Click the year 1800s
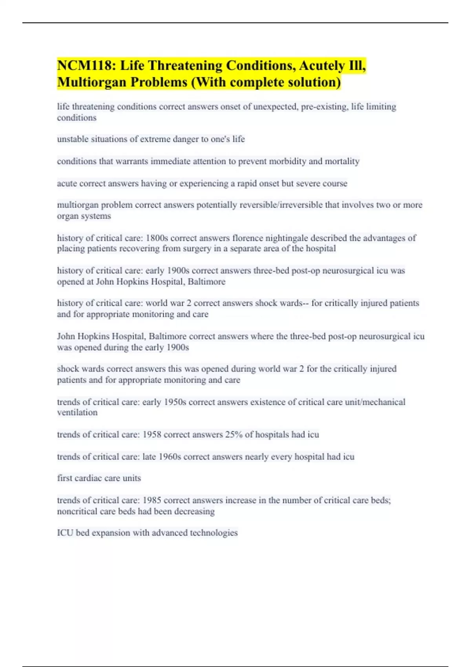[x=157, y=238]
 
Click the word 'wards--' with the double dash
[x=294, y=303]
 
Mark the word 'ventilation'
[x=77, y=412]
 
